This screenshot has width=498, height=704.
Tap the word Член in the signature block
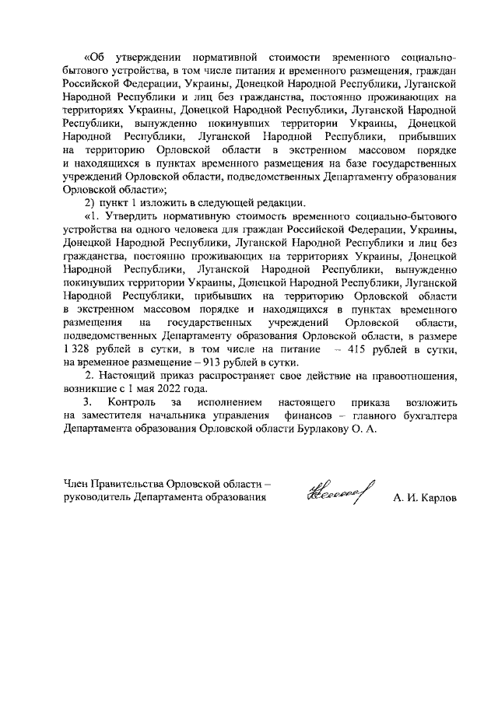click(x=77, y=484)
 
